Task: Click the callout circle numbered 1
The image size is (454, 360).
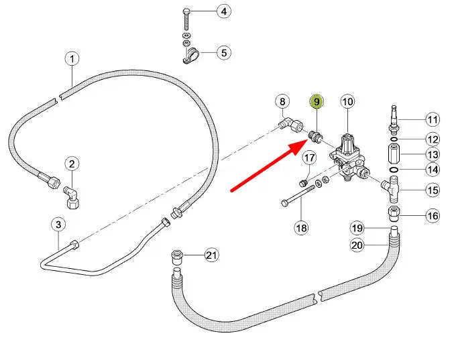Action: click(x=72, y=59)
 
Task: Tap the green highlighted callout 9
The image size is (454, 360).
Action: click(x=315, y=102)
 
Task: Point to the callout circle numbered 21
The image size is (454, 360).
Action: click(x=212, y=255)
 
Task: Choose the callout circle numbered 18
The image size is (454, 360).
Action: click(x=302, y=228)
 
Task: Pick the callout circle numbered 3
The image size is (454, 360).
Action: click(x=58, y=224)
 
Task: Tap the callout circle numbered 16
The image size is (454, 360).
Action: click(x=433, y=216)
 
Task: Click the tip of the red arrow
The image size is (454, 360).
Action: click(x=303, y=141)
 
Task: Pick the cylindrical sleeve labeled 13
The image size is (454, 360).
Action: click(x=394, y=156)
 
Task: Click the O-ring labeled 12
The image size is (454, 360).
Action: click(x=394, y=139)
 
